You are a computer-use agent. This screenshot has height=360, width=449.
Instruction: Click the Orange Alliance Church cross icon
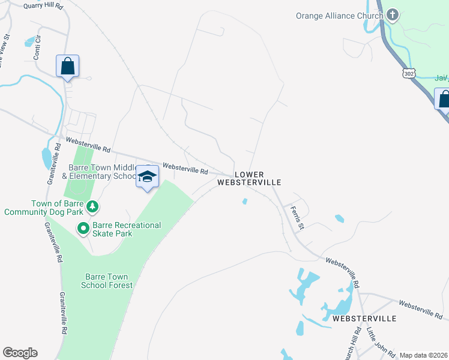tap(393, 15)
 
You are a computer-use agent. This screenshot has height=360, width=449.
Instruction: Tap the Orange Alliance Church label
tap(340, 16)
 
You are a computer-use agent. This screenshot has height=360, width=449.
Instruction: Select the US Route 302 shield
tap(409, 73)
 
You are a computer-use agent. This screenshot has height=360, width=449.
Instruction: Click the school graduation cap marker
tap(147, 176)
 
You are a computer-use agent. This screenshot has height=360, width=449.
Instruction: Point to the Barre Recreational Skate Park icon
tap(83, 228)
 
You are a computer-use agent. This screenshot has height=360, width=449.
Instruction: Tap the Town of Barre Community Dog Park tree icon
tap(92, 207)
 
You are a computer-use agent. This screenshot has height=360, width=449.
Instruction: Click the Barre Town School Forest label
tap(105, 281)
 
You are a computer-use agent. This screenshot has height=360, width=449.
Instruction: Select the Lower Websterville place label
tap(249, 178)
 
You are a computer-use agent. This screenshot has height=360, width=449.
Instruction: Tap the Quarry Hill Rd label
tap(43, 6)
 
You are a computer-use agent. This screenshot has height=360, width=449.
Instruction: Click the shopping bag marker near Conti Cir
tap(68, 66)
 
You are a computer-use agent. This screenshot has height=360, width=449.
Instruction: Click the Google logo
tap(20, 353)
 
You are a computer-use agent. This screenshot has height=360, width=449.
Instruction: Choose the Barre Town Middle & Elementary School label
tap(103, 172)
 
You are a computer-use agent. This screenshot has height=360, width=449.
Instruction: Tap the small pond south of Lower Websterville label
tap(244, 202)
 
